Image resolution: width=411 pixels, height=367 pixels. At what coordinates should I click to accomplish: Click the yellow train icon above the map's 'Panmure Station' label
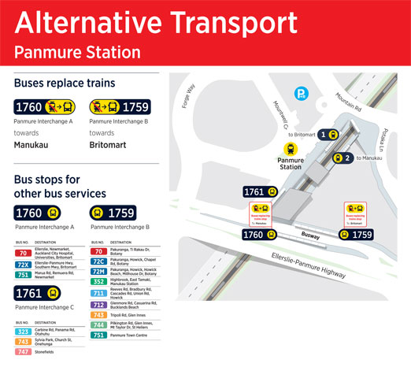(291, 147)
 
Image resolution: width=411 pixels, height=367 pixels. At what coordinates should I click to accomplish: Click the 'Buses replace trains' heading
(65, 83)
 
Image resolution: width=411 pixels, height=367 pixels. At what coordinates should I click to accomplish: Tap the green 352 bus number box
(99, 282)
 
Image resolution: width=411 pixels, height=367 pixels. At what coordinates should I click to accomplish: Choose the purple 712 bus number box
(99, 305)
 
